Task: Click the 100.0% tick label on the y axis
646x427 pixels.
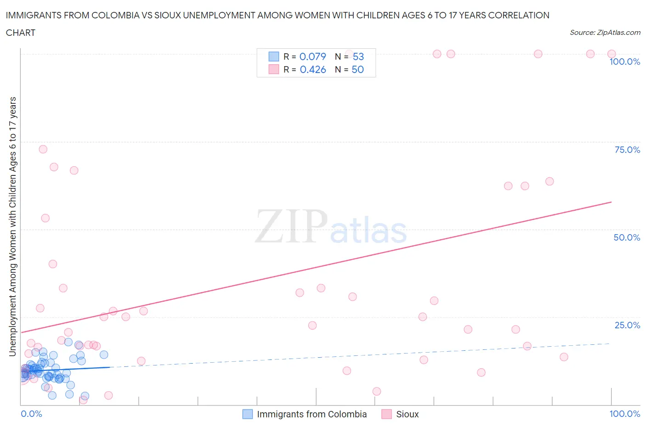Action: point(624,62)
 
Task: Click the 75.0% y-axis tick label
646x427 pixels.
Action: point(627,150)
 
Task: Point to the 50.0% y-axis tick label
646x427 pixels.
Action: point(627,237)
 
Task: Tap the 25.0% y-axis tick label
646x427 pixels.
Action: point(627,325)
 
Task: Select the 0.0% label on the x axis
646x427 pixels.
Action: point(31,414)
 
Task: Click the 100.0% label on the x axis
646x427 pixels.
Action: point(624,414)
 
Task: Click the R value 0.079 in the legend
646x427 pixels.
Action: point(312,56)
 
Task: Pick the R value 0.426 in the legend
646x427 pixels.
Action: point(312,69)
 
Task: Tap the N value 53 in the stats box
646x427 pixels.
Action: point(358,56)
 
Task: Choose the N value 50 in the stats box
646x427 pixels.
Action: point(357,69)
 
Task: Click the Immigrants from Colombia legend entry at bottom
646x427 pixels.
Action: point(312,414)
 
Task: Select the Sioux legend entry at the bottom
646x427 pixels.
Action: point(407,414)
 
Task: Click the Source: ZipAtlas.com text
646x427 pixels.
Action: point(605,33)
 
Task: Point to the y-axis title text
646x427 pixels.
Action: point(12,226)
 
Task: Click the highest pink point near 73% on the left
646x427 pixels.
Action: point(43,149)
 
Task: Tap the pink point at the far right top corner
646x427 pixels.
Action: point(612,54)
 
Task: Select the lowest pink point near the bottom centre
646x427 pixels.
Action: point(377,391)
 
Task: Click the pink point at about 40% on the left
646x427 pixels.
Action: point(53,264)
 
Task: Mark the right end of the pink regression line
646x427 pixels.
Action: point(612,202)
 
